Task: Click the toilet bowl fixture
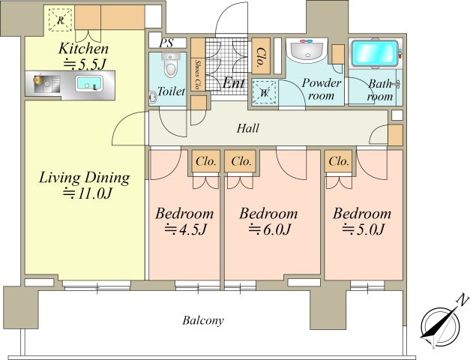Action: click(171, 65)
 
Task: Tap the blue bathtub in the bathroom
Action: click(374, 53)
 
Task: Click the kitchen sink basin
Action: click(88, 83)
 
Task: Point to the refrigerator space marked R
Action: click(61, 19)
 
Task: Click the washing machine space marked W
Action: click(264, 92)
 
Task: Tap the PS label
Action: click(166, 43)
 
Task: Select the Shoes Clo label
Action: click(198, 75)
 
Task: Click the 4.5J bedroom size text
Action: click(185, 229)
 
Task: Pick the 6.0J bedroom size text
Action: click(269, 229)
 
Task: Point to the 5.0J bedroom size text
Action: click(363, 229)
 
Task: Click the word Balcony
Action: click(203, 321)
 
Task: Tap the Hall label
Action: click(248, 128)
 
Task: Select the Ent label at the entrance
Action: click(234, 82)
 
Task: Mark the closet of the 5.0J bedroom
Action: click(339, 161)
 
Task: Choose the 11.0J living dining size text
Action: click(87, 193)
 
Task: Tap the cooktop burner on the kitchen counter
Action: click(38, 79)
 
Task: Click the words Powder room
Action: click(322, 89)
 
